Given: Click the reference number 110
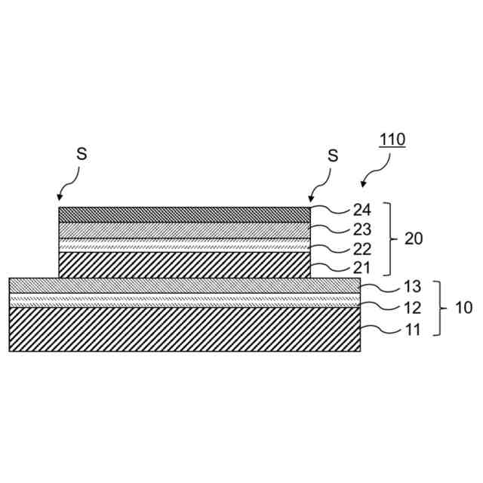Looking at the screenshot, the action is (x=392, y=140).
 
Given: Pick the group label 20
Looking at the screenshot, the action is (x=414, y=238).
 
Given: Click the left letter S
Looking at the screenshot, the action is (x=82, y=153).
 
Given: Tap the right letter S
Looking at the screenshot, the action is (x=333, y=156).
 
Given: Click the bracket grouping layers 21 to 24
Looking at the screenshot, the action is (x=389, y=238).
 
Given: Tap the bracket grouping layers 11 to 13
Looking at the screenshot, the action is (x=439, y=308).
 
